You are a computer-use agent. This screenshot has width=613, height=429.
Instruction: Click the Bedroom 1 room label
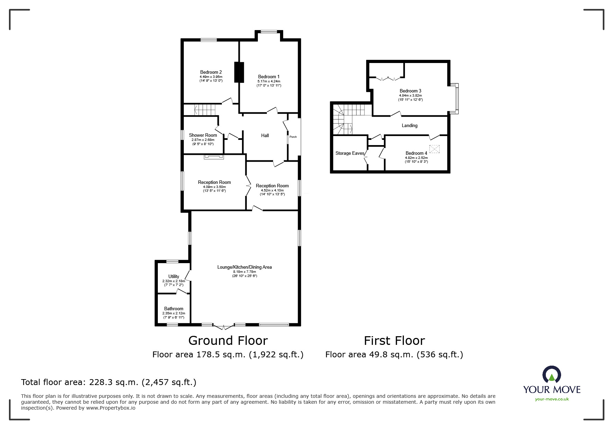pos(269,77)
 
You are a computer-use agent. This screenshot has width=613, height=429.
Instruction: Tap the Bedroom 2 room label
pos(211,72)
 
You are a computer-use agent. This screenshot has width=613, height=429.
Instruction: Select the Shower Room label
pos(203,135)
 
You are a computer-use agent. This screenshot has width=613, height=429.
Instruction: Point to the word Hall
pos(265,136)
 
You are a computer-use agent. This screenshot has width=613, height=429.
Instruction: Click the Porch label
pos(293,137)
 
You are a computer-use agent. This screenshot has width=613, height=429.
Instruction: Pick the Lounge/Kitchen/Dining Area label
pos(244,267)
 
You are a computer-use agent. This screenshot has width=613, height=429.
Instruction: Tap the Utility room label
pos(174,277)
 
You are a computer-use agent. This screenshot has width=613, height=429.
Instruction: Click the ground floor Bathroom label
pos(174,309)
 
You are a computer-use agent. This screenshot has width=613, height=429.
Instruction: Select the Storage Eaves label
pos(350,153)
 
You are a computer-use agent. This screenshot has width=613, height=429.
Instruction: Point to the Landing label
pos(409,126)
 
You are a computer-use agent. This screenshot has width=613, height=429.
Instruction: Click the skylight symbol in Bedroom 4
pos(434,149)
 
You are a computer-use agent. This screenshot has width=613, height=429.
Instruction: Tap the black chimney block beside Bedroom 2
pos(239,72)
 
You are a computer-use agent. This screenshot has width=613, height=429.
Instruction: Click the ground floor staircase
pos(205,109)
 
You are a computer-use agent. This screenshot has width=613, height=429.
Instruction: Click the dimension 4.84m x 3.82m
pos(411,96)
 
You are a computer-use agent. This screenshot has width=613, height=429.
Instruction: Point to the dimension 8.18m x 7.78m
pos(244,272)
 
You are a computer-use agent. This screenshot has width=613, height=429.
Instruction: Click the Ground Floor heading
pos(228,341)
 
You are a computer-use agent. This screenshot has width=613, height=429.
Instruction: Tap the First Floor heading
pos(394,341)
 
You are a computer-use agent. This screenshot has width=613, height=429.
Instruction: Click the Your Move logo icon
pos(552,375)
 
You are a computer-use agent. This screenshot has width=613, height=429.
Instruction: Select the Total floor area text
pos(109,382)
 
